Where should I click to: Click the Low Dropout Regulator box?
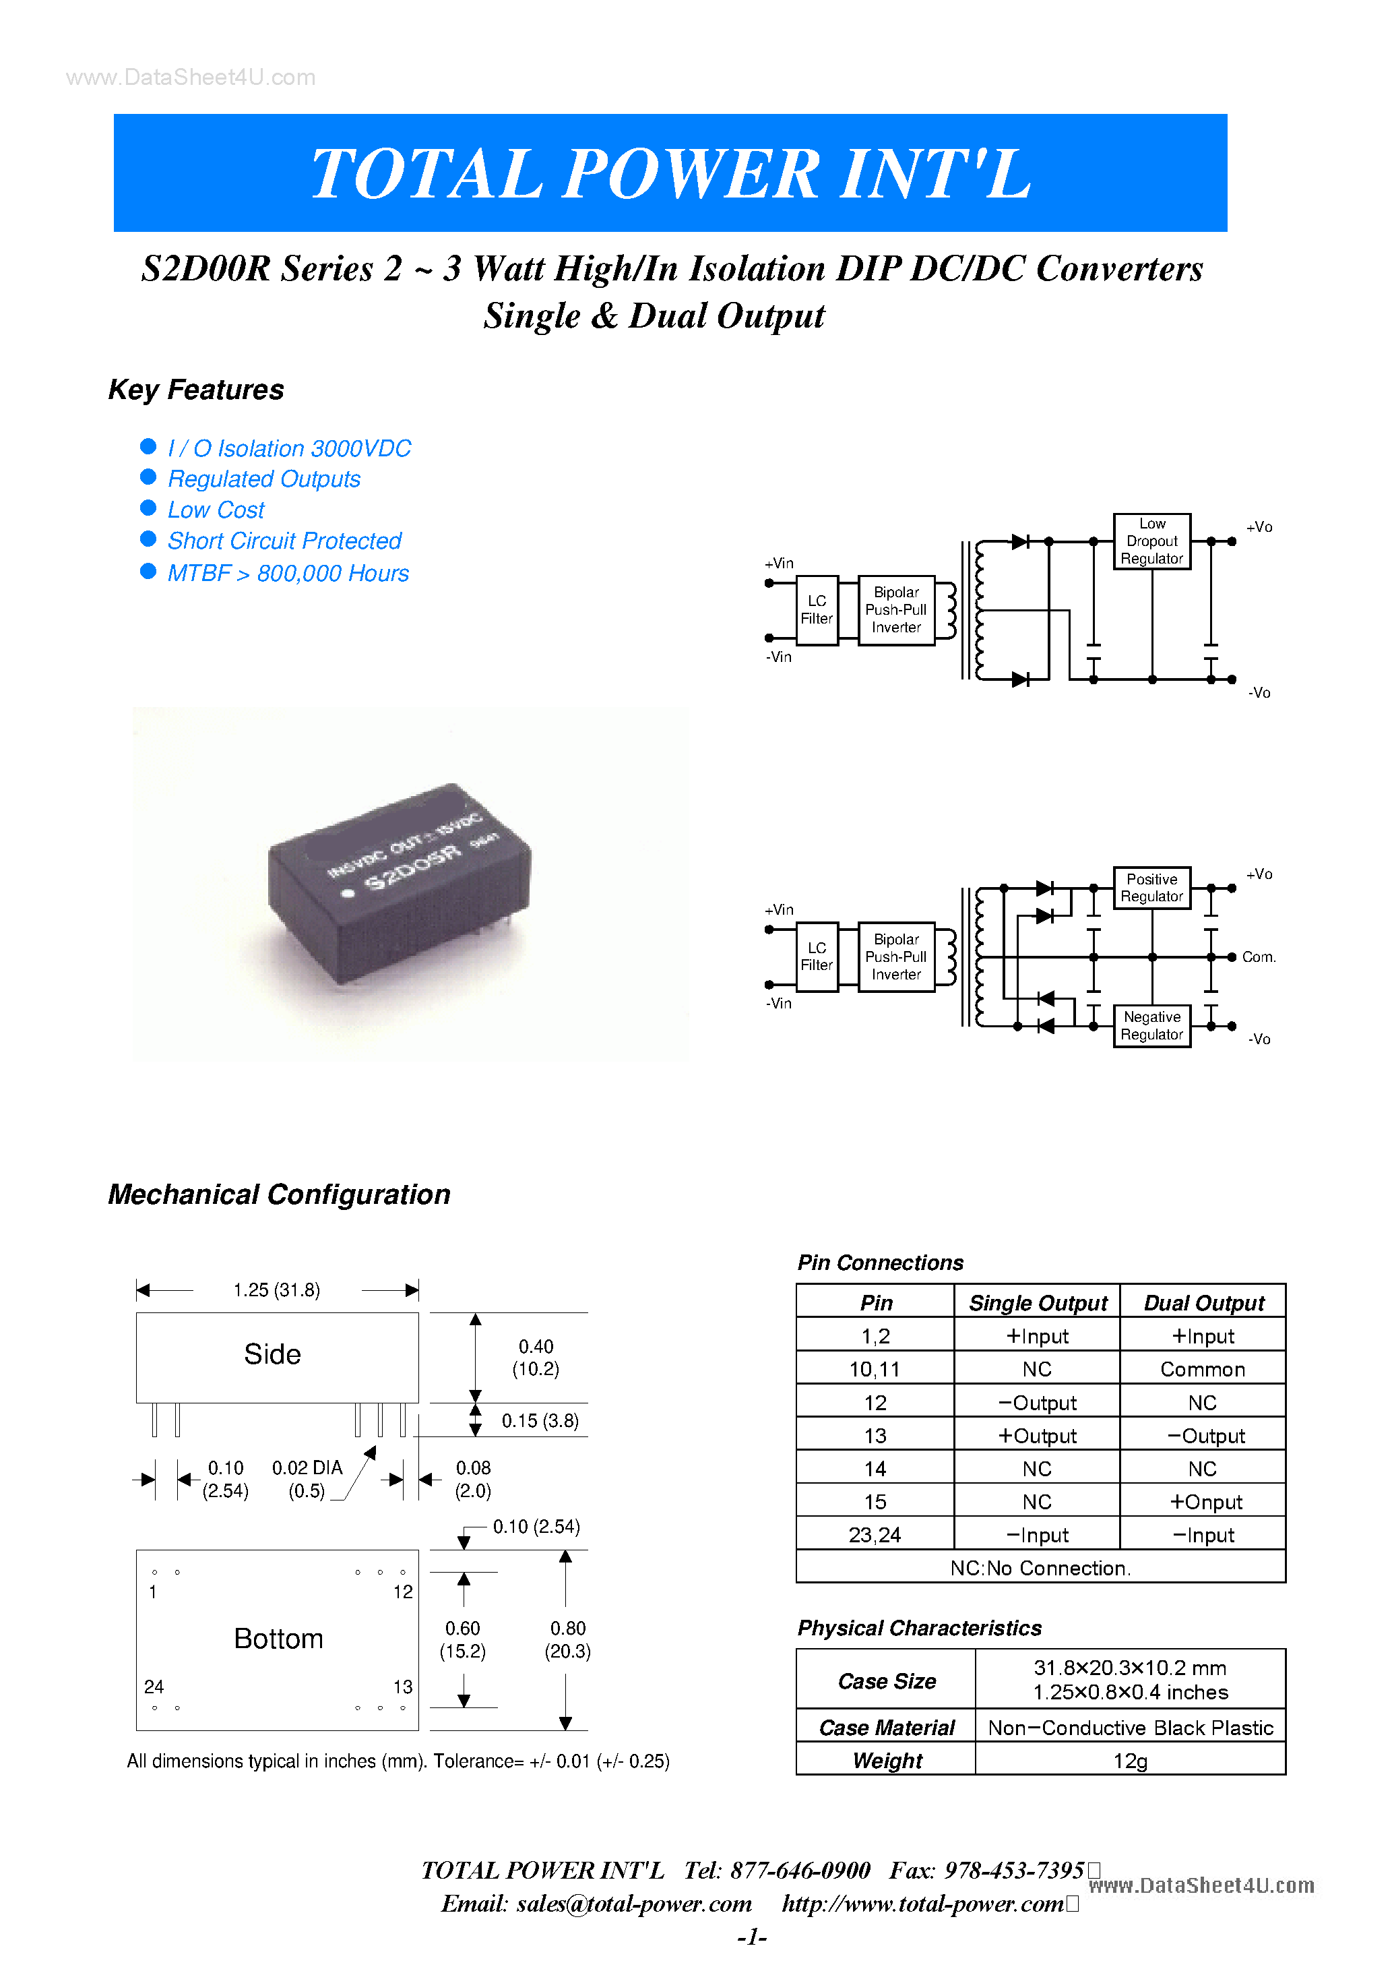1151,541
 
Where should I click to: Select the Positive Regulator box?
1151,888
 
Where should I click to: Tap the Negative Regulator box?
1151,1026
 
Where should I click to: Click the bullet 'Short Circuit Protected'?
284,541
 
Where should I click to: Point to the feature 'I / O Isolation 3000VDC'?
289,448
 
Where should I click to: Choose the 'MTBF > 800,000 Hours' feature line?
288,574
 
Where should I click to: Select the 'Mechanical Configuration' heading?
279,1194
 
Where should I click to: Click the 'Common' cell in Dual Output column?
1203,1369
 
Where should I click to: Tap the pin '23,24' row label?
875,1535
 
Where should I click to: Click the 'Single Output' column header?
1038,1303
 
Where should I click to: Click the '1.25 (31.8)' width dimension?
276,1290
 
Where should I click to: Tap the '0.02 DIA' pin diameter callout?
307,1468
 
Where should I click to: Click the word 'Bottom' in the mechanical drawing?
278,1639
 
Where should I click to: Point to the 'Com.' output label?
1258,957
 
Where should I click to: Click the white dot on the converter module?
348,894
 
